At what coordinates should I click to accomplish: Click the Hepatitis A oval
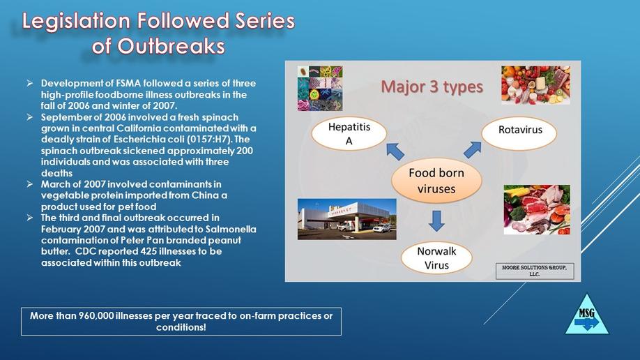(349, 134)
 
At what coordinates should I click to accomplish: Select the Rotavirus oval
(519, 133)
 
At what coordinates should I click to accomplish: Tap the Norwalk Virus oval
(436, 258)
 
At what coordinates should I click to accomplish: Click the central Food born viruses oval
(436, 181)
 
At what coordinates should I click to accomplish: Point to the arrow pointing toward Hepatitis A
(395, 151)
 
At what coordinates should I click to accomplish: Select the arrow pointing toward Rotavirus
(473, 150)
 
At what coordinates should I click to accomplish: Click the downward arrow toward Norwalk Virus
(436, 221)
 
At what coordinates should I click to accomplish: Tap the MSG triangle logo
(587, 315)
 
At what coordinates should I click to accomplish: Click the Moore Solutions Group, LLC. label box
(535, 271)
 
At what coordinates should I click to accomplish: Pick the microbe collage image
(320, 89)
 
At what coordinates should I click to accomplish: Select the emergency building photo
(347, 219)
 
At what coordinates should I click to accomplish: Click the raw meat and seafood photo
(537, 209)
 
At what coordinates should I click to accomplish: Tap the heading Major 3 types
(432, 87)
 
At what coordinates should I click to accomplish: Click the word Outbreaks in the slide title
(172, 46)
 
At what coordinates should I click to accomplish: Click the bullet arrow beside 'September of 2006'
(30, 117)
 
